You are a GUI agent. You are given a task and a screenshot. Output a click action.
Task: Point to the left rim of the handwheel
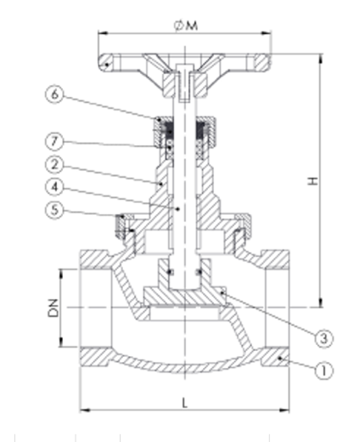[x=106, y=61]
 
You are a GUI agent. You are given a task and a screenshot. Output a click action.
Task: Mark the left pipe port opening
[x=91, y=306]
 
